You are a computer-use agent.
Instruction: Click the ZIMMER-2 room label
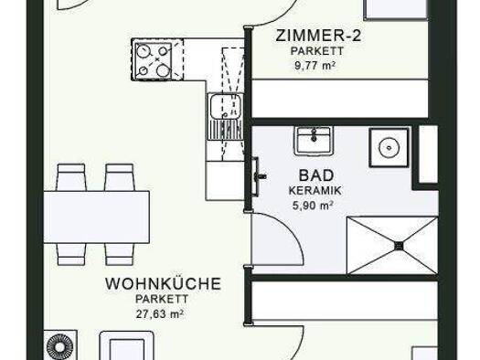coord(318,36)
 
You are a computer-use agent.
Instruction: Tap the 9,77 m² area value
coord(315,66)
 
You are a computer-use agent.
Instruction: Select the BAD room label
coord(316,175)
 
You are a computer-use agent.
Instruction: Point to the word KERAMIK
coord(315,191)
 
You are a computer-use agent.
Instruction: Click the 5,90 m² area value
coord(314,206)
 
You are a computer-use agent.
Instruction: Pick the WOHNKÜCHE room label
coord(163,283)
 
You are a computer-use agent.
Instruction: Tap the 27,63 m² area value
coord(159,313)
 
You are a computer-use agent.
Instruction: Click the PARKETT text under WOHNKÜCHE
coord(162,299)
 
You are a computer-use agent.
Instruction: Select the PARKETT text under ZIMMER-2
coord(317,51)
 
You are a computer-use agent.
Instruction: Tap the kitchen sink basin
coord(225,106)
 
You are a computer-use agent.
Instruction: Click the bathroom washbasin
coord(314,141)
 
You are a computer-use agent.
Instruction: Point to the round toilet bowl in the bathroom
coord(389,148)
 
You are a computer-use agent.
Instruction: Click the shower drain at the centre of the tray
coord(400,245)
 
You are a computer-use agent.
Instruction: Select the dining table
coord(97,217)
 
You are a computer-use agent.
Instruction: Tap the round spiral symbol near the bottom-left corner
coord(60,347)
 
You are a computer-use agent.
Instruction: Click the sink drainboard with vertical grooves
coord(225,130)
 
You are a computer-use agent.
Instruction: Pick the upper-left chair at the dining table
coord(71,177)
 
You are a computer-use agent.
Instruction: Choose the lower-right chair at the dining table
coord(120,254)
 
